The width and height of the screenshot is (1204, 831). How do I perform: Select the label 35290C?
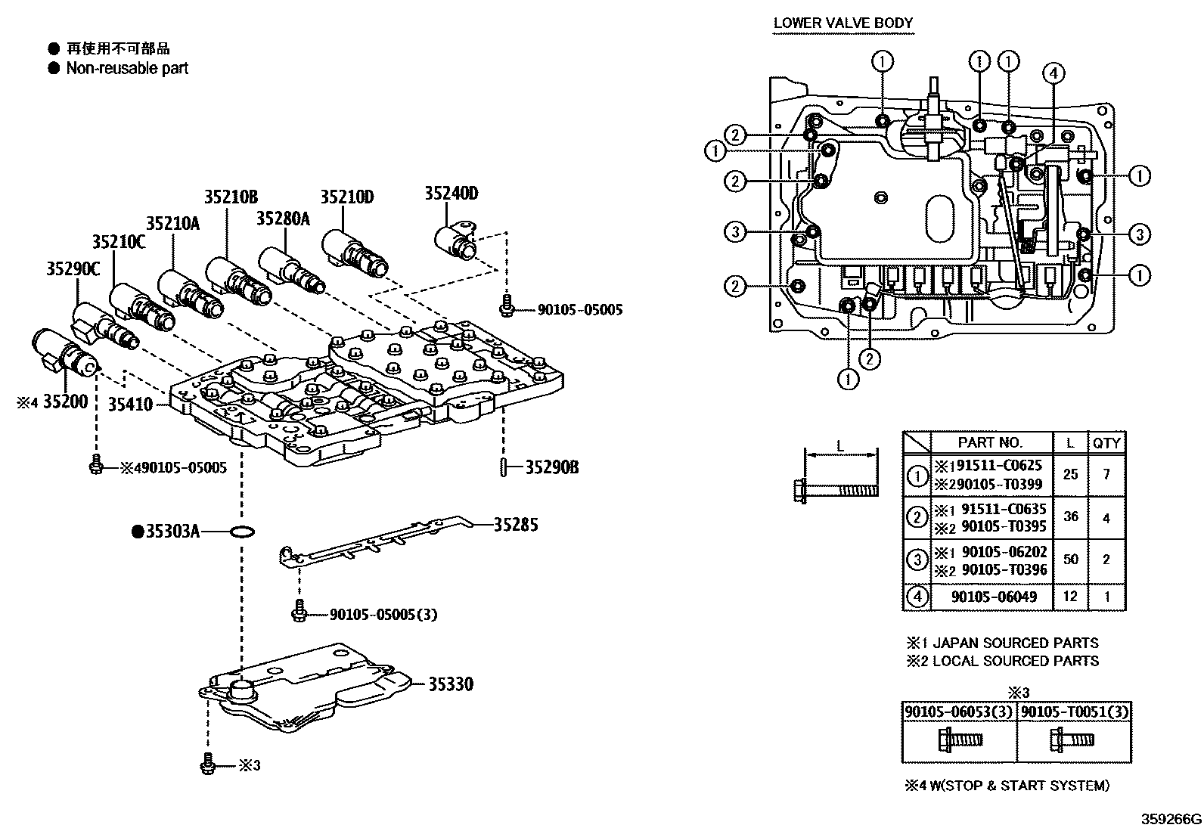(73, 268)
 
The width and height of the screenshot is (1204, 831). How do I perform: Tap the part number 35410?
(129, 404)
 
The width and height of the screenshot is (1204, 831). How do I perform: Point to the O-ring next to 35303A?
(240, 532)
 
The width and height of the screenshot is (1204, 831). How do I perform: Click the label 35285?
(516, 524)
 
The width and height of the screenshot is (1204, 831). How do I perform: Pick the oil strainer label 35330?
(450, 684)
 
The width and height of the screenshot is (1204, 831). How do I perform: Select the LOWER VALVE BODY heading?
(842, 23)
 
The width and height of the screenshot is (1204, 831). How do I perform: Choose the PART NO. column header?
(989, 442)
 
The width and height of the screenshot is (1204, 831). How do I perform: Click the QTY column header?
(1106, 443)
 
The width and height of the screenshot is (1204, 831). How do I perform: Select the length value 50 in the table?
(1070, 560)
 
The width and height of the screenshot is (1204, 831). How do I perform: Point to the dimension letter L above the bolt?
(839, 446)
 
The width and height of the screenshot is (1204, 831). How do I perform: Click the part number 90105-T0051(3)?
(1075, 712)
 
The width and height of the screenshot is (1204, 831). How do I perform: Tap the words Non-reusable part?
(126, 68)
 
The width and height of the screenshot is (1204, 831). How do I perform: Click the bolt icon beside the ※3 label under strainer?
(208, 765)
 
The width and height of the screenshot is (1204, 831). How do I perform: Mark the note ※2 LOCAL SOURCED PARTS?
(1003, 661)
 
